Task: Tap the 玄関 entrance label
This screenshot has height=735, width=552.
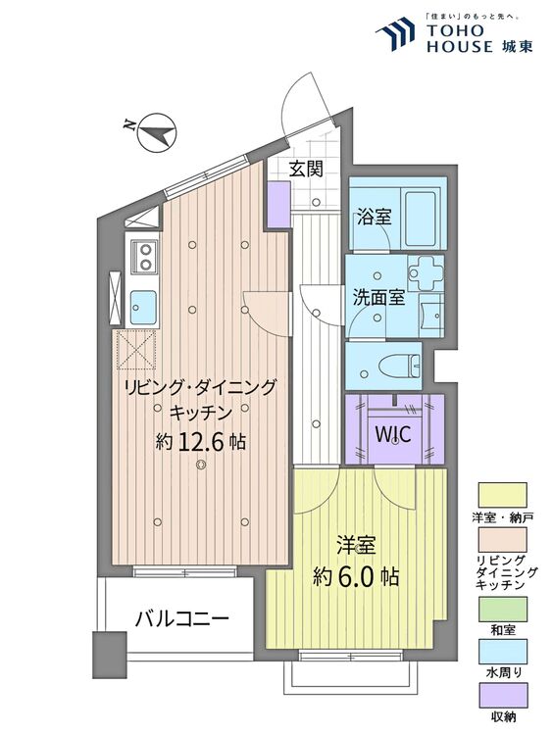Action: pyautogui.click(x=305, y=168)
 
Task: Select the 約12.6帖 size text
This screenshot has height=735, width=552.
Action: pyautogui.click(x=200, y=442)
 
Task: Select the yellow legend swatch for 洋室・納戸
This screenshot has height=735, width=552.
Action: pyautogui.click(x=502, y=493)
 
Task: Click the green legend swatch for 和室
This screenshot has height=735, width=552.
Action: pyautogui.click(x=502, y=611)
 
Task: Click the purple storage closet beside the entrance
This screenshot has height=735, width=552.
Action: pyautogui.click(x=278, y=204)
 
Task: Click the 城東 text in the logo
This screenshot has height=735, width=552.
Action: pyautogui.click(x=516, y=45)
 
